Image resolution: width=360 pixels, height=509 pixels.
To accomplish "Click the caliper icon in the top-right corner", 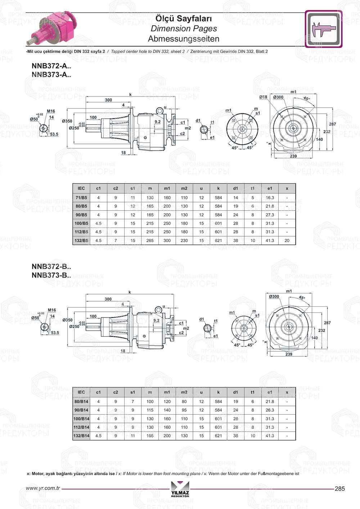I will coord(324,29).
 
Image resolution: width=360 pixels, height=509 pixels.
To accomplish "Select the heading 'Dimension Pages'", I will coord(184,28).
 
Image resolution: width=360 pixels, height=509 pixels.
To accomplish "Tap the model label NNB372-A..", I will coord(51,66).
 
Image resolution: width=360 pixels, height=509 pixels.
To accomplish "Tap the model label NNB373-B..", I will coord(51,275).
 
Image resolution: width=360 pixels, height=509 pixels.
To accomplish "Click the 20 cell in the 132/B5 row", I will coord(287,240).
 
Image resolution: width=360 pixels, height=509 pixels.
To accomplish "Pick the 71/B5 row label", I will coord(81,198).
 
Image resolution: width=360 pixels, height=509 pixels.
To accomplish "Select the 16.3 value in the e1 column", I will coord(270,198).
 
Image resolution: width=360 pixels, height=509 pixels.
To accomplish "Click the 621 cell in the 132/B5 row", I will coord(218,240).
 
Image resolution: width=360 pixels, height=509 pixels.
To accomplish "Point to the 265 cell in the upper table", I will coord(150,240).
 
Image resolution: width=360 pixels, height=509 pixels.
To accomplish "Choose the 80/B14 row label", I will coord(81,401).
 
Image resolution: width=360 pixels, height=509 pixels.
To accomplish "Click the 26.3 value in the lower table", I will coord(270,410).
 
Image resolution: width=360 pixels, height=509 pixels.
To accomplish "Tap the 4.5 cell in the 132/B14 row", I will coord(98,436).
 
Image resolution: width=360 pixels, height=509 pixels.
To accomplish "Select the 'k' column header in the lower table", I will coord(218,392).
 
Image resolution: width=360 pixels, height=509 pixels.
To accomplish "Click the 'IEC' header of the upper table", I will coord(81,188).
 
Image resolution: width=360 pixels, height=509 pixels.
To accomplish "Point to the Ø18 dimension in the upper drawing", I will coord(263,97).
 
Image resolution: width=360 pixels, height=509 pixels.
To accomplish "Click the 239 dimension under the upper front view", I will coord(293,156).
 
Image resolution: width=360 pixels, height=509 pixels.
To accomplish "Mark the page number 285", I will coord(339,488).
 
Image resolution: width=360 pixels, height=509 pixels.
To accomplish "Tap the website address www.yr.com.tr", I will coord(43,488).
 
